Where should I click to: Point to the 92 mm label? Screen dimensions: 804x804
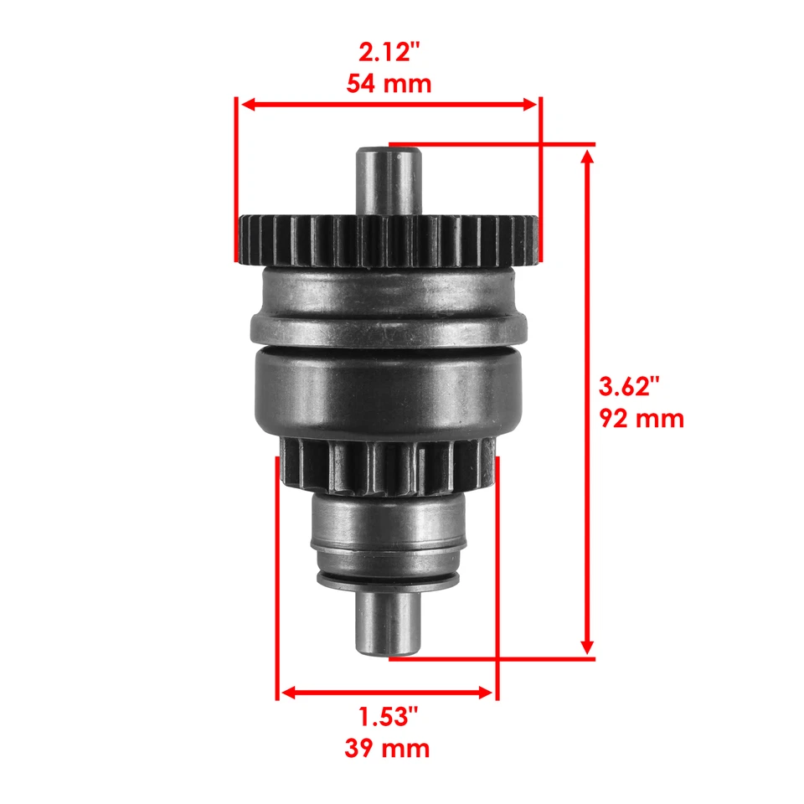[x=642, y=417]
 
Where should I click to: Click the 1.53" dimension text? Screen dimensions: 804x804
[x=388, y=717]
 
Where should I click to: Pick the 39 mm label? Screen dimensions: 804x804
[x=387, y=747]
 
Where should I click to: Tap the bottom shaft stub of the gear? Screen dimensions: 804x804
[x=389, y=624]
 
